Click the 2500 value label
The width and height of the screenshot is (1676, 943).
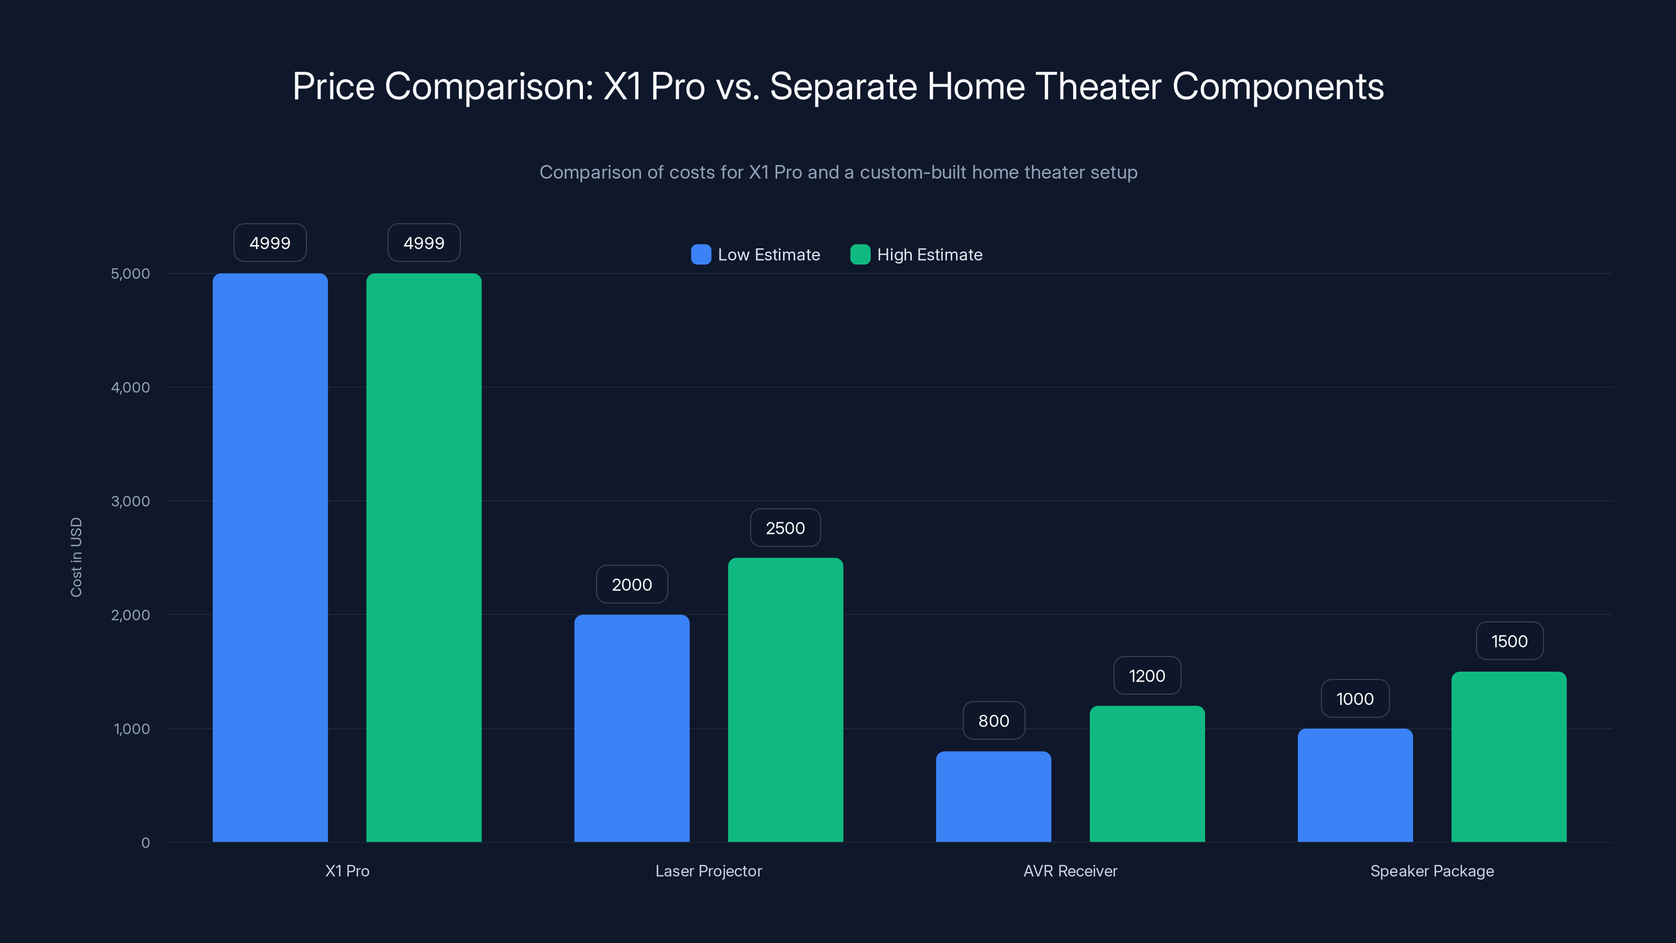(x=785, y=528)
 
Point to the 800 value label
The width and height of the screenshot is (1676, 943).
(x=994, y=720)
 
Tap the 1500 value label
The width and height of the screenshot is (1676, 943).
(x=1509, y=641)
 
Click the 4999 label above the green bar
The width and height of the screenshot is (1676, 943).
(x=424, y=243)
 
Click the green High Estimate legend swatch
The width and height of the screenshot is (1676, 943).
(x=860, y=255)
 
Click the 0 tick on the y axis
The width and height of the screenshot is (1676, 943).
(x=146, y=843)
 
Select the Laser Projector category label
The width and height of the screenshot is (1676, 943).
(x=709, y=871)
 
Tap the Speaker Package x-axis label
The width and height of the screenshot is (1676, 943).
(x=1432, y=871)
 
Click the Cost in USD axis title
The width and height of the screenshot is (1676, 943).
(x=76, y=557)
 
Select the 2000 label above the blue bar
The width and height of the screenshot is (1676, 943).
(x=632, y=585)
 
